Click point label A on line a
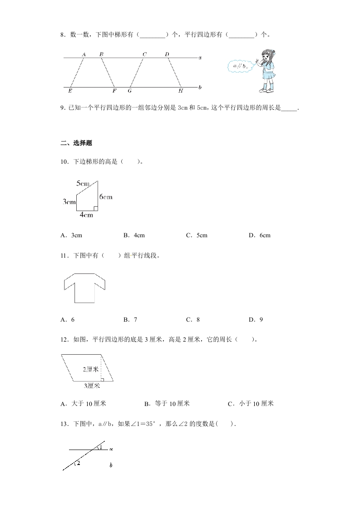[x=84, y=54]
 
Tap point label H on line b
[x=180, y=91]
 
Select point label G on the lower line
[x=129, y=91]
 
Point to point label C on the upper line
[x=144, y=54]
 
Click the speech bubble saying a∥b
[x=240, y=67]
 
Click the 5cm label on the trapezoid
[x=83, y=183]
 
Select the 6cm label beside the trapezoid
[x=105, y=197]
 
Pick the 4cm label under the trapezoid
[x=86, y=215]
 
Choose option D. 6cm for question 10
[x=260, y=235]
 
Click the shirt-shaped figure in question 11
[x=84, y=288]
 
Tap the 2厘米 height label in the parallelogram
[x=91, y=369]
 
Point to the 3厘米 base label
[x=92, y=386]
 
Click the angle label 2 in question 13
[x=79, y=464]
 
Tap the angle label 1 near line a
[x=101, y=448]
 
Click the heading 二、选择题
[x=76, y=143]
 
